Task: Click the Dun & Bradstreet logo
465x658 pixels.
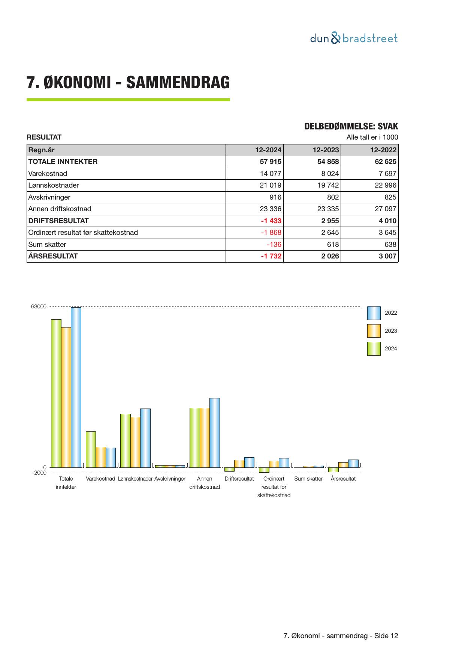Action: (354, 38)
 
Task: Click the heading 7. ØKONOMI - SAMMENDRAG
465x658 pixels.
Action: (128, 83)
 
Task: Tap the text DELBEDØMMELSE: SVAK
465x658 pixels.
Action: (351, 126)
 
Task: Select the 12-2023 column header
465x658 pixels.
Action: (326, 150)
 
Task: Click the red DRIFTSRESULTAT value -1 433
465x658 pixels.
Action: (271, 221)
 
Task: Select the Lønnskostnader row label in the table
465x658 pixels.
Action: (54, 185)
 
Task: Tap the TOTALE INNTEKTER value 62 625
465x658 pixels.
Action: (386, 162)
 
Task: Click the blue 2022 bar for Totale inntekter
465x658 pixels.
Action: (76, 387)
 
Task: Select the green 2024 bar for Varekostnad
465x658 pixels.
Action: (91, 449)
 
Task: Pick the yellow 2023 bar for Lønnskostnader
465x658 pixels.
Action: (135, 442)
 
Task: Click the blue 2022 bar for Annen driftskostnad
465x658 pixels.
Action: (215, 433)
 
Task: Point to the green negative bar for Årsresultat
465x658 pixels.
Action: (333, 470)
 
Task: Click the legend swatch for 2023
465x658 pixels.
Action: (374, 331)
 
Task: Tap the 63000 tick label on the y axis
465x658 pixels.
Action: (39, 307)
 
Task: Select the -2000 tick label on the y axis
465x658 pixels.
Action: (39, 473)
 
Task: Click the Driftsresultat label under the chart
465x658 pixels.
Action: (239, 479)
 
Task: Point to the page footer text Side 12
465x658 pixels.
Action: (386, 636)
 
